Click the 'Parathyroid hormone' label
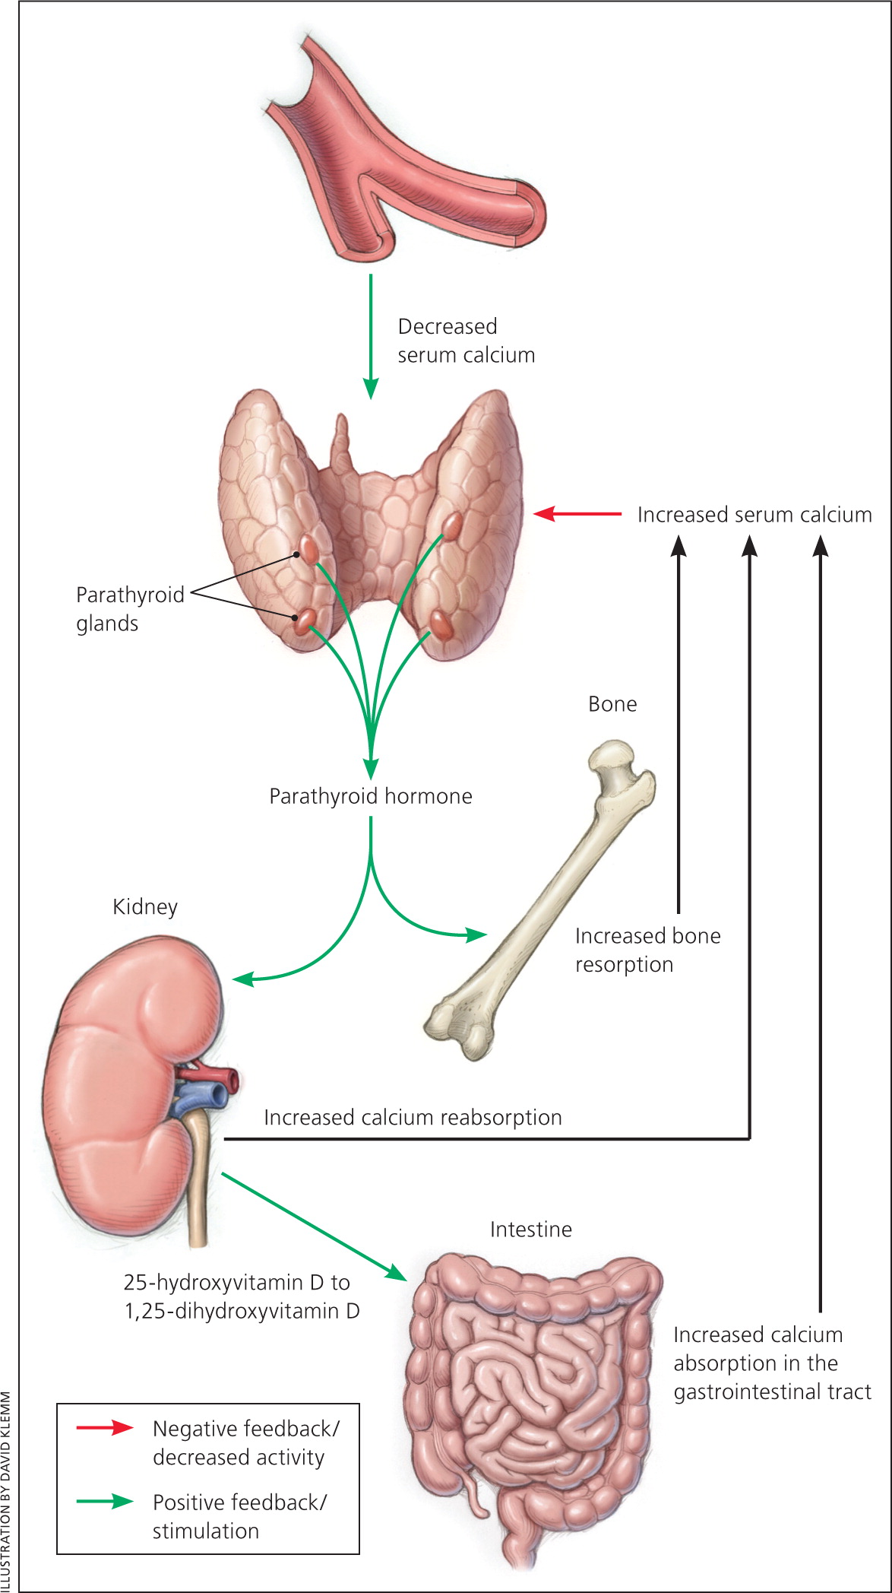371,796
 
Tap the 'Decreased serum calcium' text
466,341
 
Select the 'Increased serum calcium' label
754,515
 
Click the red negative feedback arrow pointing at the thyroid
577,514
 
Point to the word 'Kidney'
145,906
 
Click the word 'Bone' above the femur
612,704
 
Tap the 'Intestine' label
530,1230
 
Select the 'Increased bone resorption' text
647,950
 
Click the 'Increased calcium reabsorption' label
413,1117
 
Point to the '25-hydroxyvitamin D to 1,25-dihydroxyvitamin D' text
241,1296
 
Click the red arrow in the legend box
105,1427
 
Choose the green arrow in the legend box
105,1501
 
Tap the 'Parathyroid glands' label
129,608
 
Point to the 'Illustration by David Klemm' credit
7,1490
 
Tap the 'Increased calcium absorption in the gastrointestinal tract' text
771,1363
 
